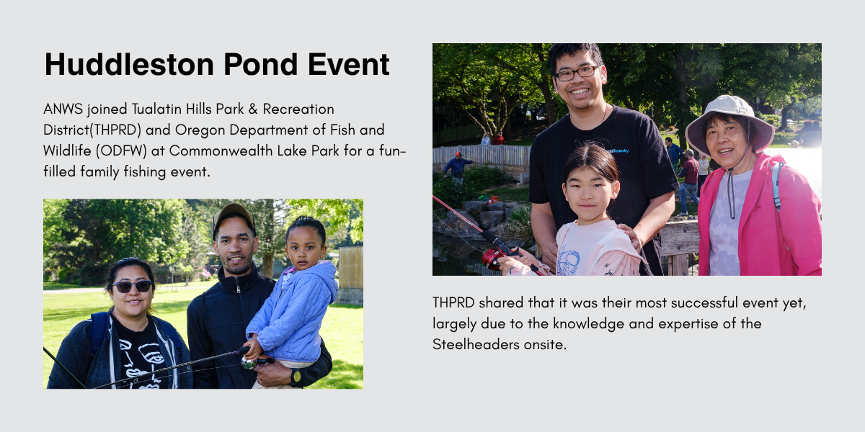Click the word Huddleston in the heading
point(129,64)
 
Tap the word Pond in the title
point(261,64)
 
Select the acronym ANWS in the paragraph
point(63,109)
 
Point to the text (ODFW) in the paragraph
point(121,150)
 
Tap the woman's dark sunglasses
point(132,287)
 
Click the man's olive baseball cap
point(234,217)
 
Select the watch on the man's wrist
point(296,376)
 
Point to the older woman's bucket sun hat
point(729,123)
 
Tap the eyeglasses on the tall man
point(577,73)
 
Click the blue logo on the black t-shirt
point(618,150)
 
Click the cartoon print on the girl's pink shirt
point(569,261)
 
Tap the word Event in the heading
point(348,64)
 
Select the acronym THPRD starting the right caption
point(453,303)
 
